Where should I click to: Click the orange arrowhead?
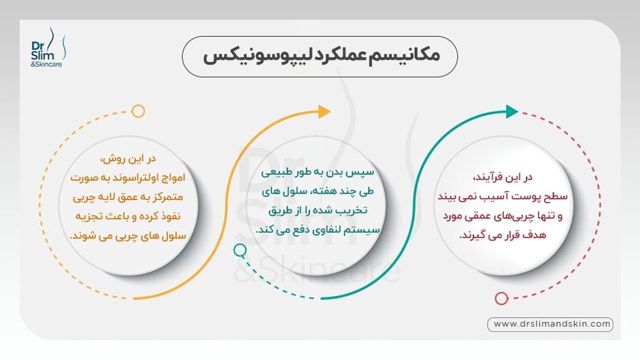click(324, 111)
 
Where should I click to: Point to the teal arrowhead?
click(512, 111)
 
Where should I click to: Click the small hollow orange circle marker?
click(138, 111)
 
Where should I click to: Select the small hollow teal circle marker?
click(239, 250)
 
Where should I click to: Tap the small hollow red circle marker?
click(501, 297)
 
